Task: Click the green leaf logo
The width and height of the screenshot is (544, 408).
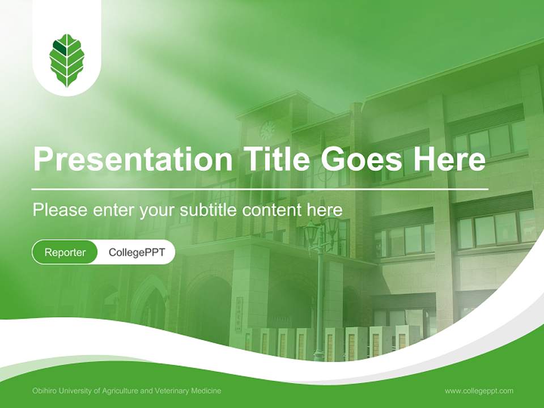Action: (x=67, y=60)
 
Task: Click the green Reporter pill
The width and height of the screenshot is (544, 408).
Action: (x=65, y=252)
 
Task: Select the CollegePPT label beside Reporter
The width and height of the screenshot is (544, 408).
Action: (x=137, y=252)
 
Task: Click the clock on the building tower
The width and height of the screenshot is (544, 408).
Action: (x=266, y=130)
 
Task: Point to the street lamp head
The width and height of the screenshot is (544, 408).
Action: (x=321, y=229)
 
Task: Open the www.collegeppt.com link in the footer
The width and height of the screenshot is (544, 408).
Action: (x=479, y=391)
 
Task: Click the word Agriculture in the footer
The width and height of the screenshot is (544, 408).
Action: (x=120, y=391)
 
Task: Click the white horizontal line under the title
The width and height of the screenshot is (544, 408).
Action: (x=260, y=189)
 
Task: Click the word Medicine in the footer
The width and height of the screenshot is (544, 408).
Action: (x=206, y=391)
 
